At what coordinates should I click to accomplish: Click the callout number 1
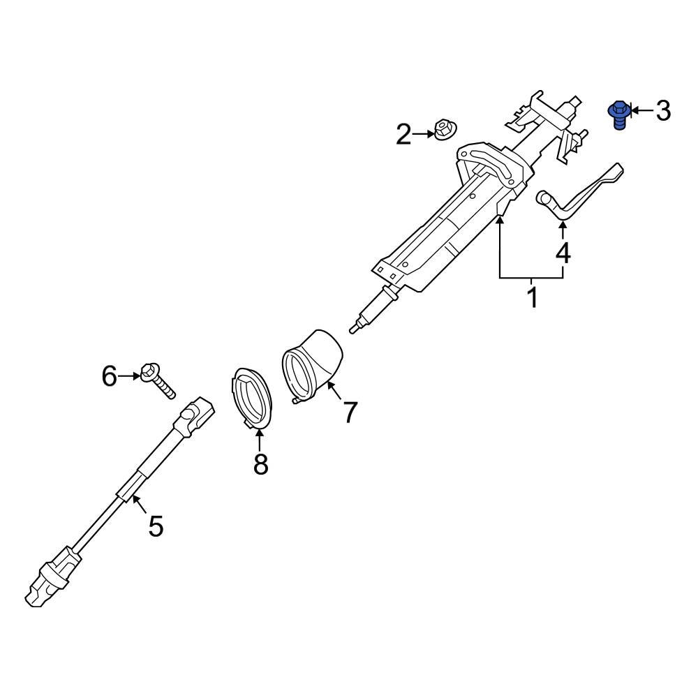pyautogui.click(x=532, y=297)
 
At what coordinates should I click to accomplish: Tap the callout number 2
pyautogui.click(x=404, y=134)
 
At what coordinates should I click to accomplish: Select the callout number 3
pyautogui.click(x=662, y=110)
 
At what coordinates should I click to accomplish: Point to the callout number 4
pyautogui.click(x=563, y=253)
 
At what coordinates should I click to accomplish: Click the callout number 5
pyautogui.click(x=155, y=525)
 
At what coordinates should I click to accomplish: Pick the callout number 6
pyautogui.click(x=110, y=376)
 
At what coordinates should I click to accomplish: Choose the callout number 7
pyautogui.click(x=350, y=412)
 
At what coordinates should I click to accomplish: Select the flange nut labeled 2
pyautogui.click(x=443, y=129)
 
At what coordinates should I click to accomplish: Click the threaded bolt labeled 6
pyautogui.click(x=158, y=380)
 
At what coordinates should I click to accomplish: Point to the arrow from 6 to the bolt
pyautogui.click(x=129, y=376)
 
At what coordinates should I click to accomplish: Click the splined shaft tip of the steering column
pyautogui.click(x=357, y=325)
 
